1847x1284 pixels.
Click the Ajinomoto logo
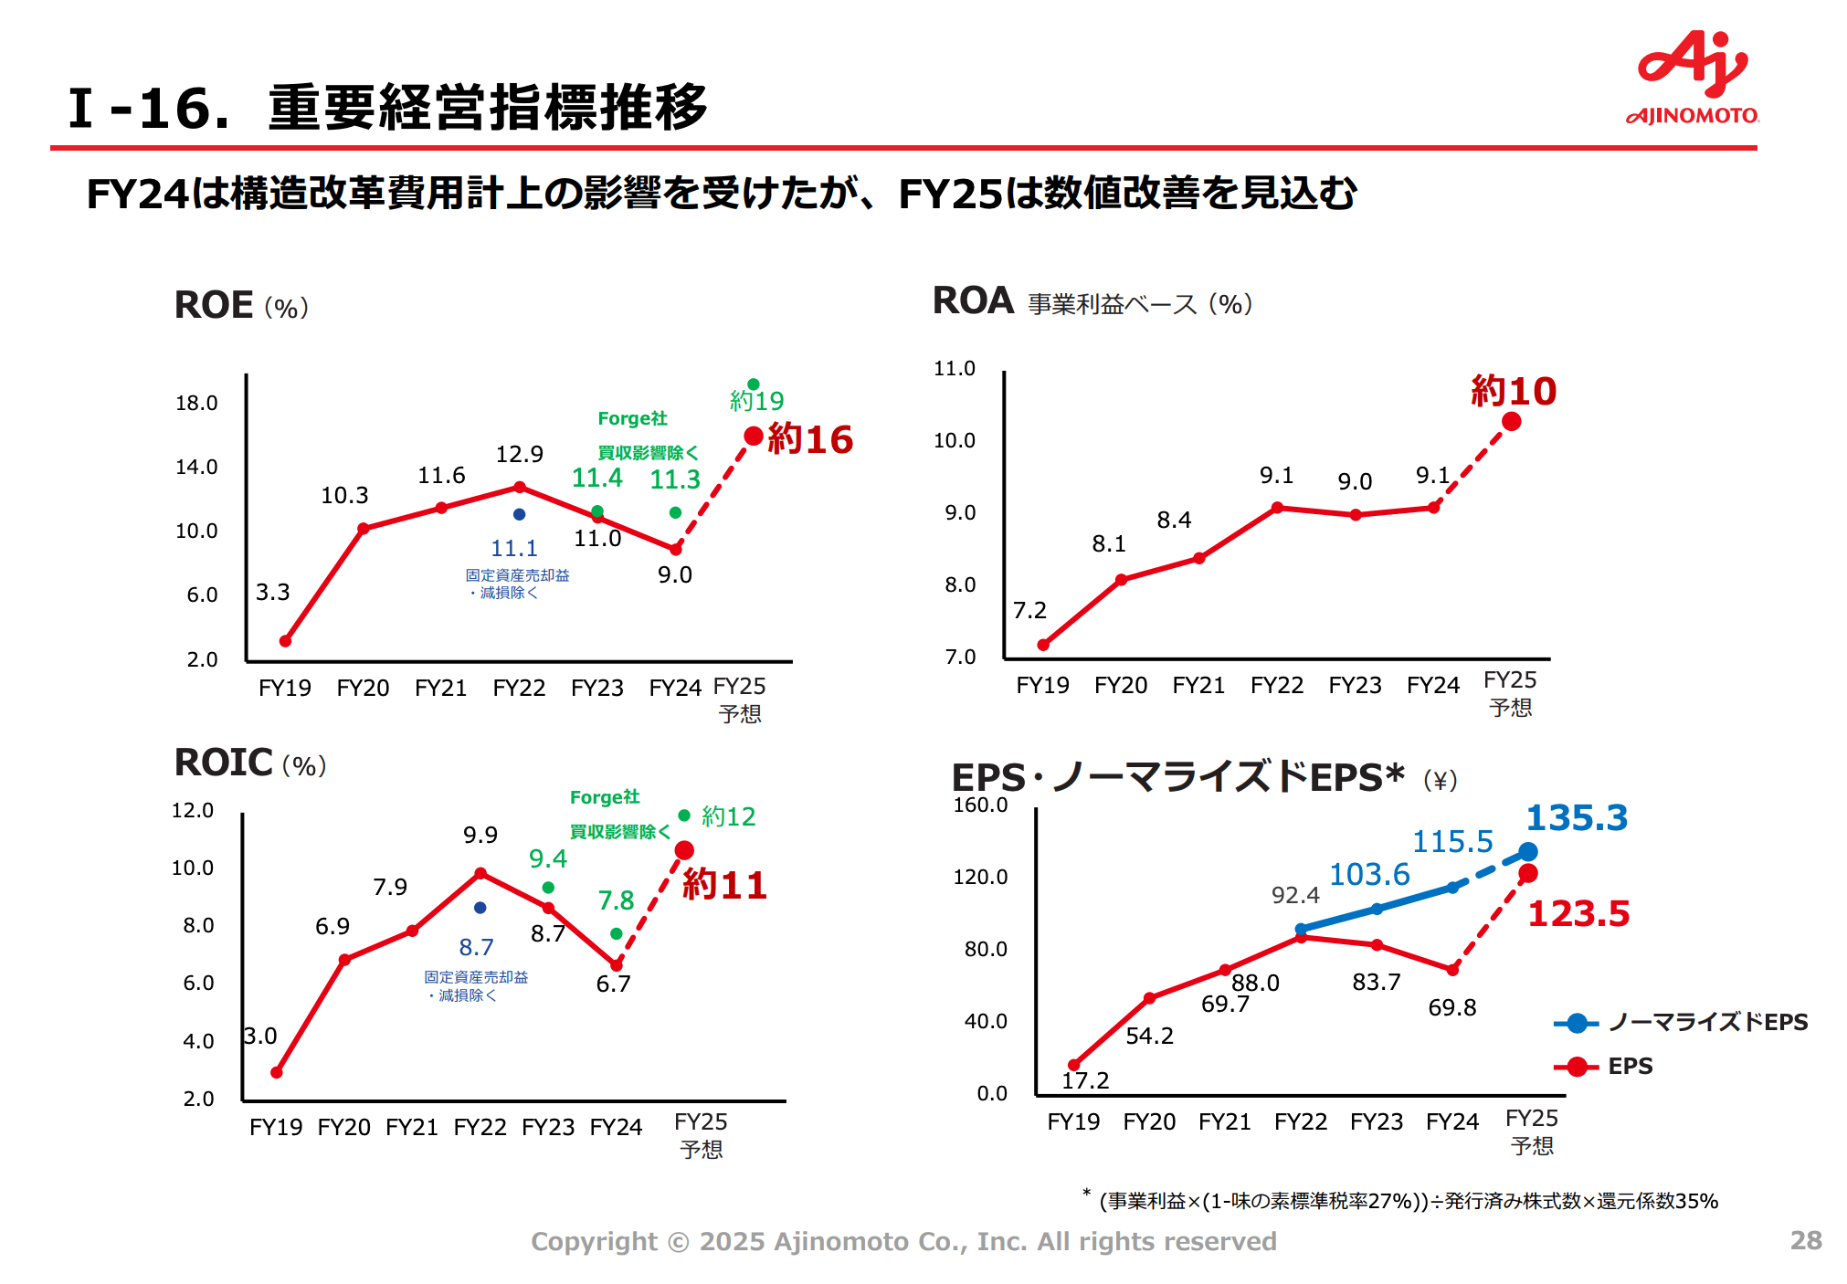pyautogui.click(x=1693, y=78)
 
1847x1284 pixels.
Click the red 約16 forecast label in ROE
pyautogui.click(x=810, y=439)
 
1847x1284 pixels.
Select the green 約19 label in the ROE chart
pyautogui.click(x=756, y=401)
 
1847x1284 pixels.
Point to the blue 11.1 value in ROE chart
pyautogui.click(x=514, y=549)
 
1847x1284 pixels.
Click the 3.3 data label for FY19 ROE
pyautogui.click(x=272, y=593)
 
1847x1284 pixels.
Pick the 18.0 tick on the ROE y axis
pyautogui.click(x=196, y=404)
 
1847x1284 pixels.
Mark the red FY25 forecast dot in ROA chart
pyautogui.click(x=1512, y=422)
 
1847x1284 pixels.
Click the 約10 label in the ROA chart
pyautogui.click(x=1514, y=392)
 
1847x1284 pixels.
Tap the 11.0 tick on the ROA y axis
pyautogui.click(x=954, y=369)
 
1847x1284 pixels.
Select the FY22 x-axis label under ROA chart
pyautogui.click(x=1276, y=686)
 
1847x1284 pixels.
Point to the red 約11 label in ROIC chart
pyautogui.click(x=724, y=886)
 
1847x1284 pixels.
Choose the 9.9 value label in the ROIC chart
pyautogui.click(x=480, y=836)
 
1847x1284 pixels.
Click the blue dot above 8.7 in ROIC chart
pyautogui.click(x=480, y=908)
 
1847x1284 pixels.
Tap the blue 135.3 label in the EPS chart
pyautogui.click(x=1577, y=818)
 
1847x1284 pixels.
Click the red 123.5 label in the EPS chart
pyautogui.click(x=1578, y=914)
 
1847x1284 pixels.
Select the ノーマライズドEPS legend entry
pyautogui.click(x=1681, y=1023)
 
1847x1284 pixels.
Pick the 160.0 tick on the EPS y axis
pyautogui.click(x=980, y=805)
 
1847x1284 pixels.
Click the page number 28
pyautogui.click(x=1805, y=1240)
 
